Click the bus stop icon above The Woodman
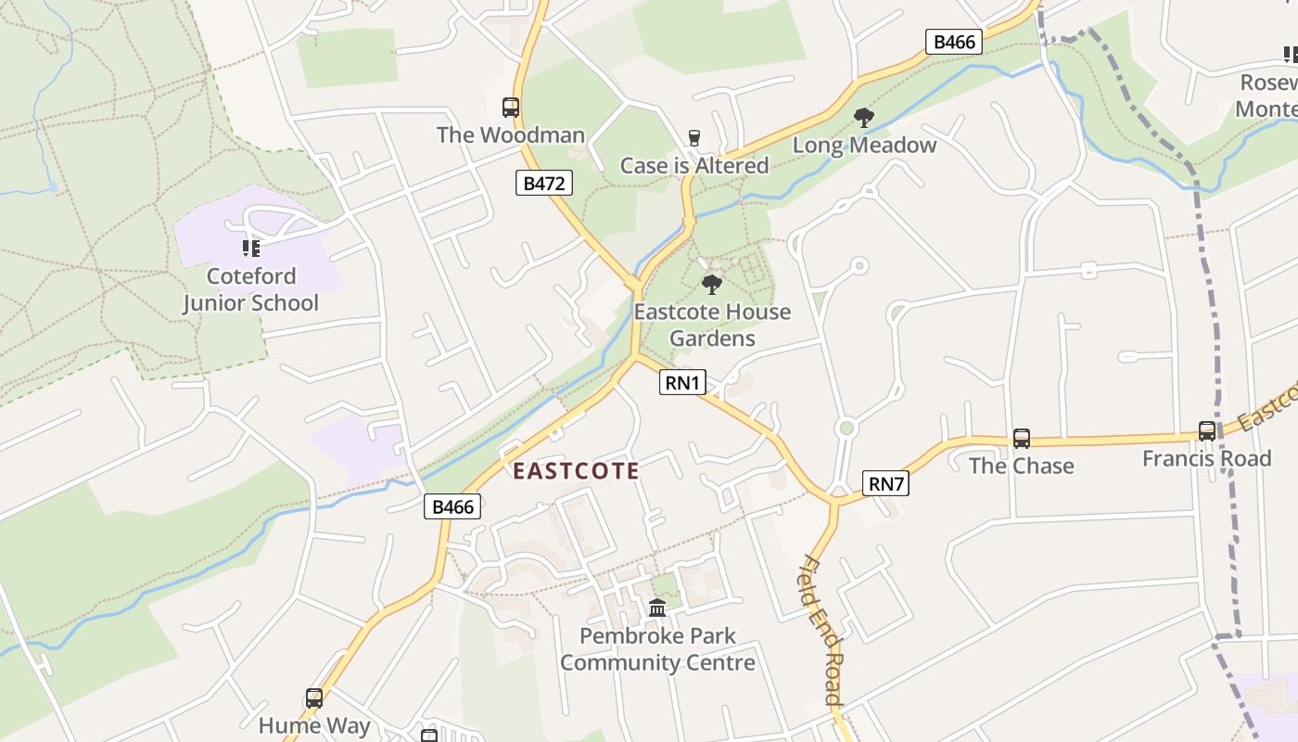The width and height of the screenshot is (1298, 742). tap(511, 108)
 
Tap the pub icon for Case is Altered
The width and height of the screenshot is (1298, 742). tap(694, 138)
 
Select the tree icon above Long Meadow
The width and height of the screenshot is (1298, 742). tap(864, 118)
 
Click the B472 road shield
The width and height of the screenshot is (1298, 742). tap(544, 183)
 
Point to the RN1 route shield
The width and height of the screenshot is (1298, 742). tap(682, 382)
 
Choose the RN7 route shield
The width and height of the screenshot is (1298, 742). tap(885, 483)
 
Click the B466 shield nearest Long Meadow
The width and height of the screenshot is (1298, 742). tap(954, 42)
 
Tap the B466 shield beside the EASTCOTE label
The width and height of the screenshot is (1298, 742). tap(453, 506)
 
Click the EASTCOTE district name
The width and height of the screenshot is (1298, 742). tap(576, 471)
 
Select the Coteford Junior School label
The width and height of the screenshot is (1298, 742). tap(250, 289)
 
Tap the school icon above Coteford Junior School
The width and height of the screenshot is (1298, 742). tap(251, 248)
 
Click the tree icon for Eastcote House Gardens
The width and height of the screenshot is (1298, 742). tap(712, 284)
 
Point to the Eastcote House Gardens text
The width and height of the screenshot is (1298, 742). tap(712, 325)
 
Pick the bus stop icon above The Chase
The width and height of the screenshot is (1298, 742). tap(1021, 438)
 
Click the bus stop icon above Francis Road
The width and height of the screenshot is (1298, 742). tap(1206, 431)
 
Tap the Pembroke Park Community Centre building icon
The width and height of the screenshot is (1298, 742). tap(657, 608)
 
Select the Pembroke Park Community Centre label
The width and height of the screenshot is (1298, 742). tap(657, 649)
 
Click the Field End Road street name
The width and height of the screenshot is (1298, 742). tap(821, 631)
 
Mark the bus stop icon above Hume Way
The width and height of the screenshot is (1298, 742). tap(314, 698)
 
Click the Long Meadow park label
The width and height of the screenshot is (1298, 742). tap(864, 146)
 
